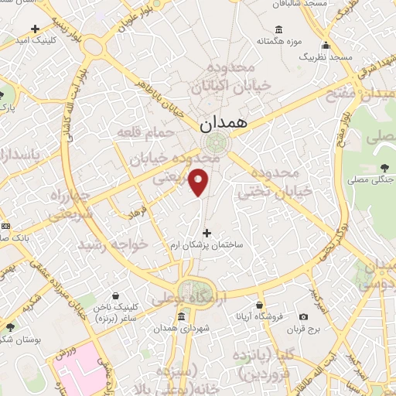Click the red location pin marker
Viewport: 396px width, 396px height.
coord(200,182)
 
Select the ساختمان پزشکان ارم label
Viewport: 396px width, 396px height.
coord(207,244)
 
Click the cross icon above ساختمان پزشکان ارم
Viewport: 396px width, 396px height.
coord(207,232)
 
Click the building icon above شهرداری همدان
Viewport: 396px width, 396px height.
coord(181,316)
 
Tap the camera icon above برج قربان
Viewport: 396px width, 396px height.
coord(303,316)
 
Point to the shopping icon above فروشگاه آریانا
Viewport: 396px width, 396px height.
coord(260,305)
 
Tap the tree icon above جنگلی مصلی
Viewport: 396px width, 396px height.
coord(385,168)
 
